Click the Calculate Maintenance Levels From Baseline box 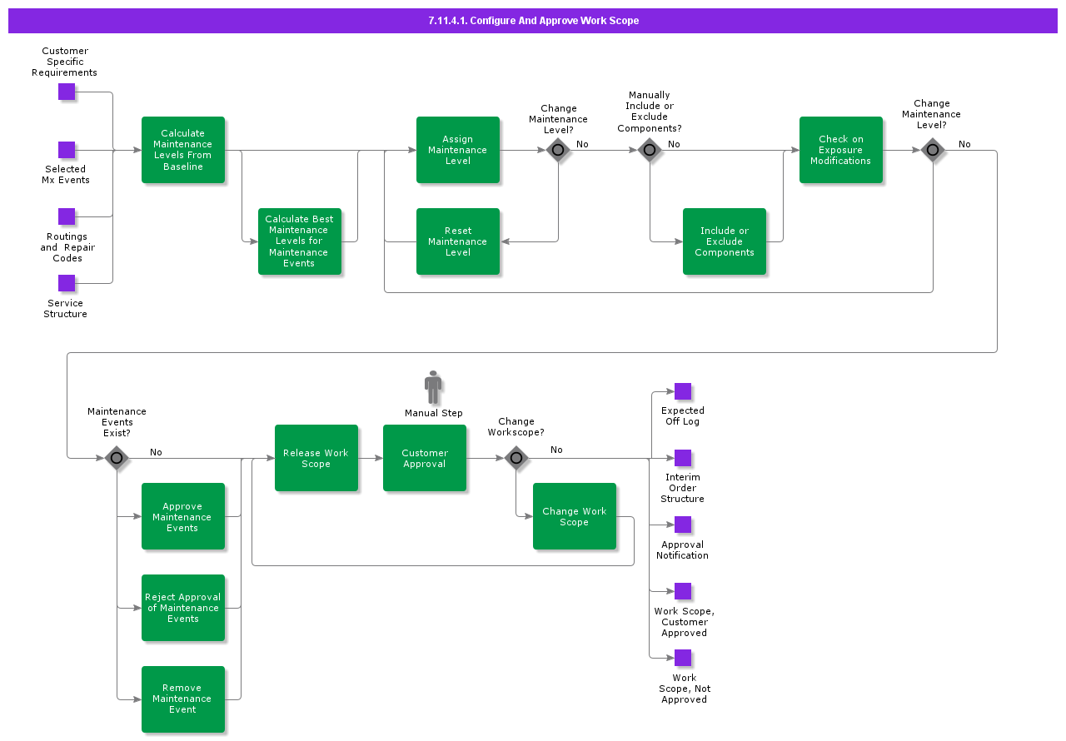pyautogui.click(x=183, y=150)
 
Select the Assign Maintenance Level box pyautogui.click(x=458, y=150)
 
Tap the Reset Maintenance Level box pyautogui.click(x=458, y=241)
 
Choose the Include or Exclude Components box pyautogui.click(x=725, y=241)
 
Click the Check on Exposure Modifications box pyautogui.click(x=841, y=150)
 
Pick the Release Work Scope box pyautogui.click(x=316, y=458)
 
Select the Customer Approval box pyautogui.click(x=425, y=458)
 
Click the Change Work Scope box pyautogui.click(x=575, y=516)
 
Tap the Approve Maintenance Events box pyautogui.click(x=183, y=516)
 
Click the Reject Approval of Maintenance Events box pyautogui.click(x=183, y=608)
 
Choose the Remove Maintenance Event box pyautogui.click(x=183, y=699)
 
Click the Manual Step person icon pyautogui.click(x=433, y=387)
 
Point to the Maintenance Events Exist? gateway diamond pyautogui.click(x=117, y=458)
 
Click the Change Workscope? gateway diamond pyautogui.click(x=516, y=458)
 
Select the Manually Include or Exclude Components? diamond pyautogui.click(x=650, y=150)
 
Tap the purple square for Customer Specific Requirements pyautogui.click(x=67, y=92)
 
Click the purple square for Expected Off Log pyautogui.click(x=683, y=391)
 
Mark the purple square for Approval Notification pyautogui.click(x=683, y=525)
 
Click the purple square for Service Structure pyautogui.click(x=67, y=283)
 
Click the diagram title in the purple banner pyautogui.click(x=533, y=21)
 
